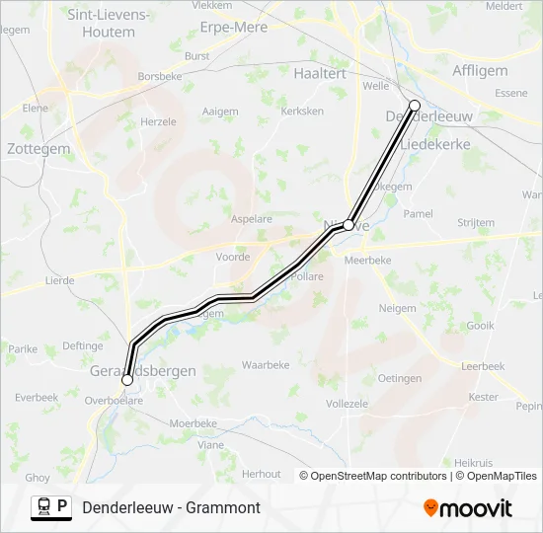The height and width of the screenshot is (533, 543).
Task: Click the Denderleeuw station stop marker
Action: pyautogui.click(x=415, y=106)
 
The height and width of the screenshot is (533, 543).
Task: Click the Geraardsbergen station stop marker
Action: pyautogui.click(x=127, y=379)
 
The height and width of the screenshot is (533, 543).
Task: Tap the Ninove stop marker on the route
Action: pyautogui.click(x=349, y=225)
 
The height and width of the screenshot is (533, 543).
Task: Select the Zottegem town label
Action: pyautogui.click(x=39, y=149)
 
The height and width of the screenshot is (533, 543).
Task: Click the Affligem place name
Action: pyautogui.click(x=480, y=70)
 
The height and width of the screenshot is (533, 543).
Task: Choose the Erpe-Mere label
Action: pyautogui.click(x=233, y=27)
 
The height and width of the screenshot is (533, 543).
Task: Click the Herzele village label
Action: pyautogui.click(x=158, y=121)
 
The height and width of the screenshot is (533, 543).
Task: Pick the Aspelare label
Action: pyautogui.click(x=251, y=217)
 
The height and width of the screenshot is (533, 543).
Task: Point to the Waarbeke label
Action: pyautogui.click(x=266, y=364)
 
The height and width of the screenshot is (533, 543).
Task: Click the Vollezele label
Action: pyautogui.click(x=347, y=404)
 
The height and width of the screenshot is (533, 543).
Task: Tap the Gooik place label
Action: pyautogui.click(x=480, y=325)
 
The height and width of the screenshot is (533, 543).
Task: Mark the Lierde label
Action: pyautogui.click(x=59, y=280)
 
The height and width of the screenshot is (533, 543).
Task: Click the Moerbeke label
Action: pyautogui.click(x=193, y=422)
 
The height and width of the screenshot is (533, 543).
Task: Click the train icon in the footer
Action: pyautogui.click(x=44, y=507)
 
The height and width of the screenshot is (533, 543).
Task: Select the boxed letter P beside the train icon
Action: pyautogui.click(x=64, y=506)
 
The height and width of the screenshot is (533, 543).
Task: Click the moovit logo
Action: pyautogui.click(x=468, y=508)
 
